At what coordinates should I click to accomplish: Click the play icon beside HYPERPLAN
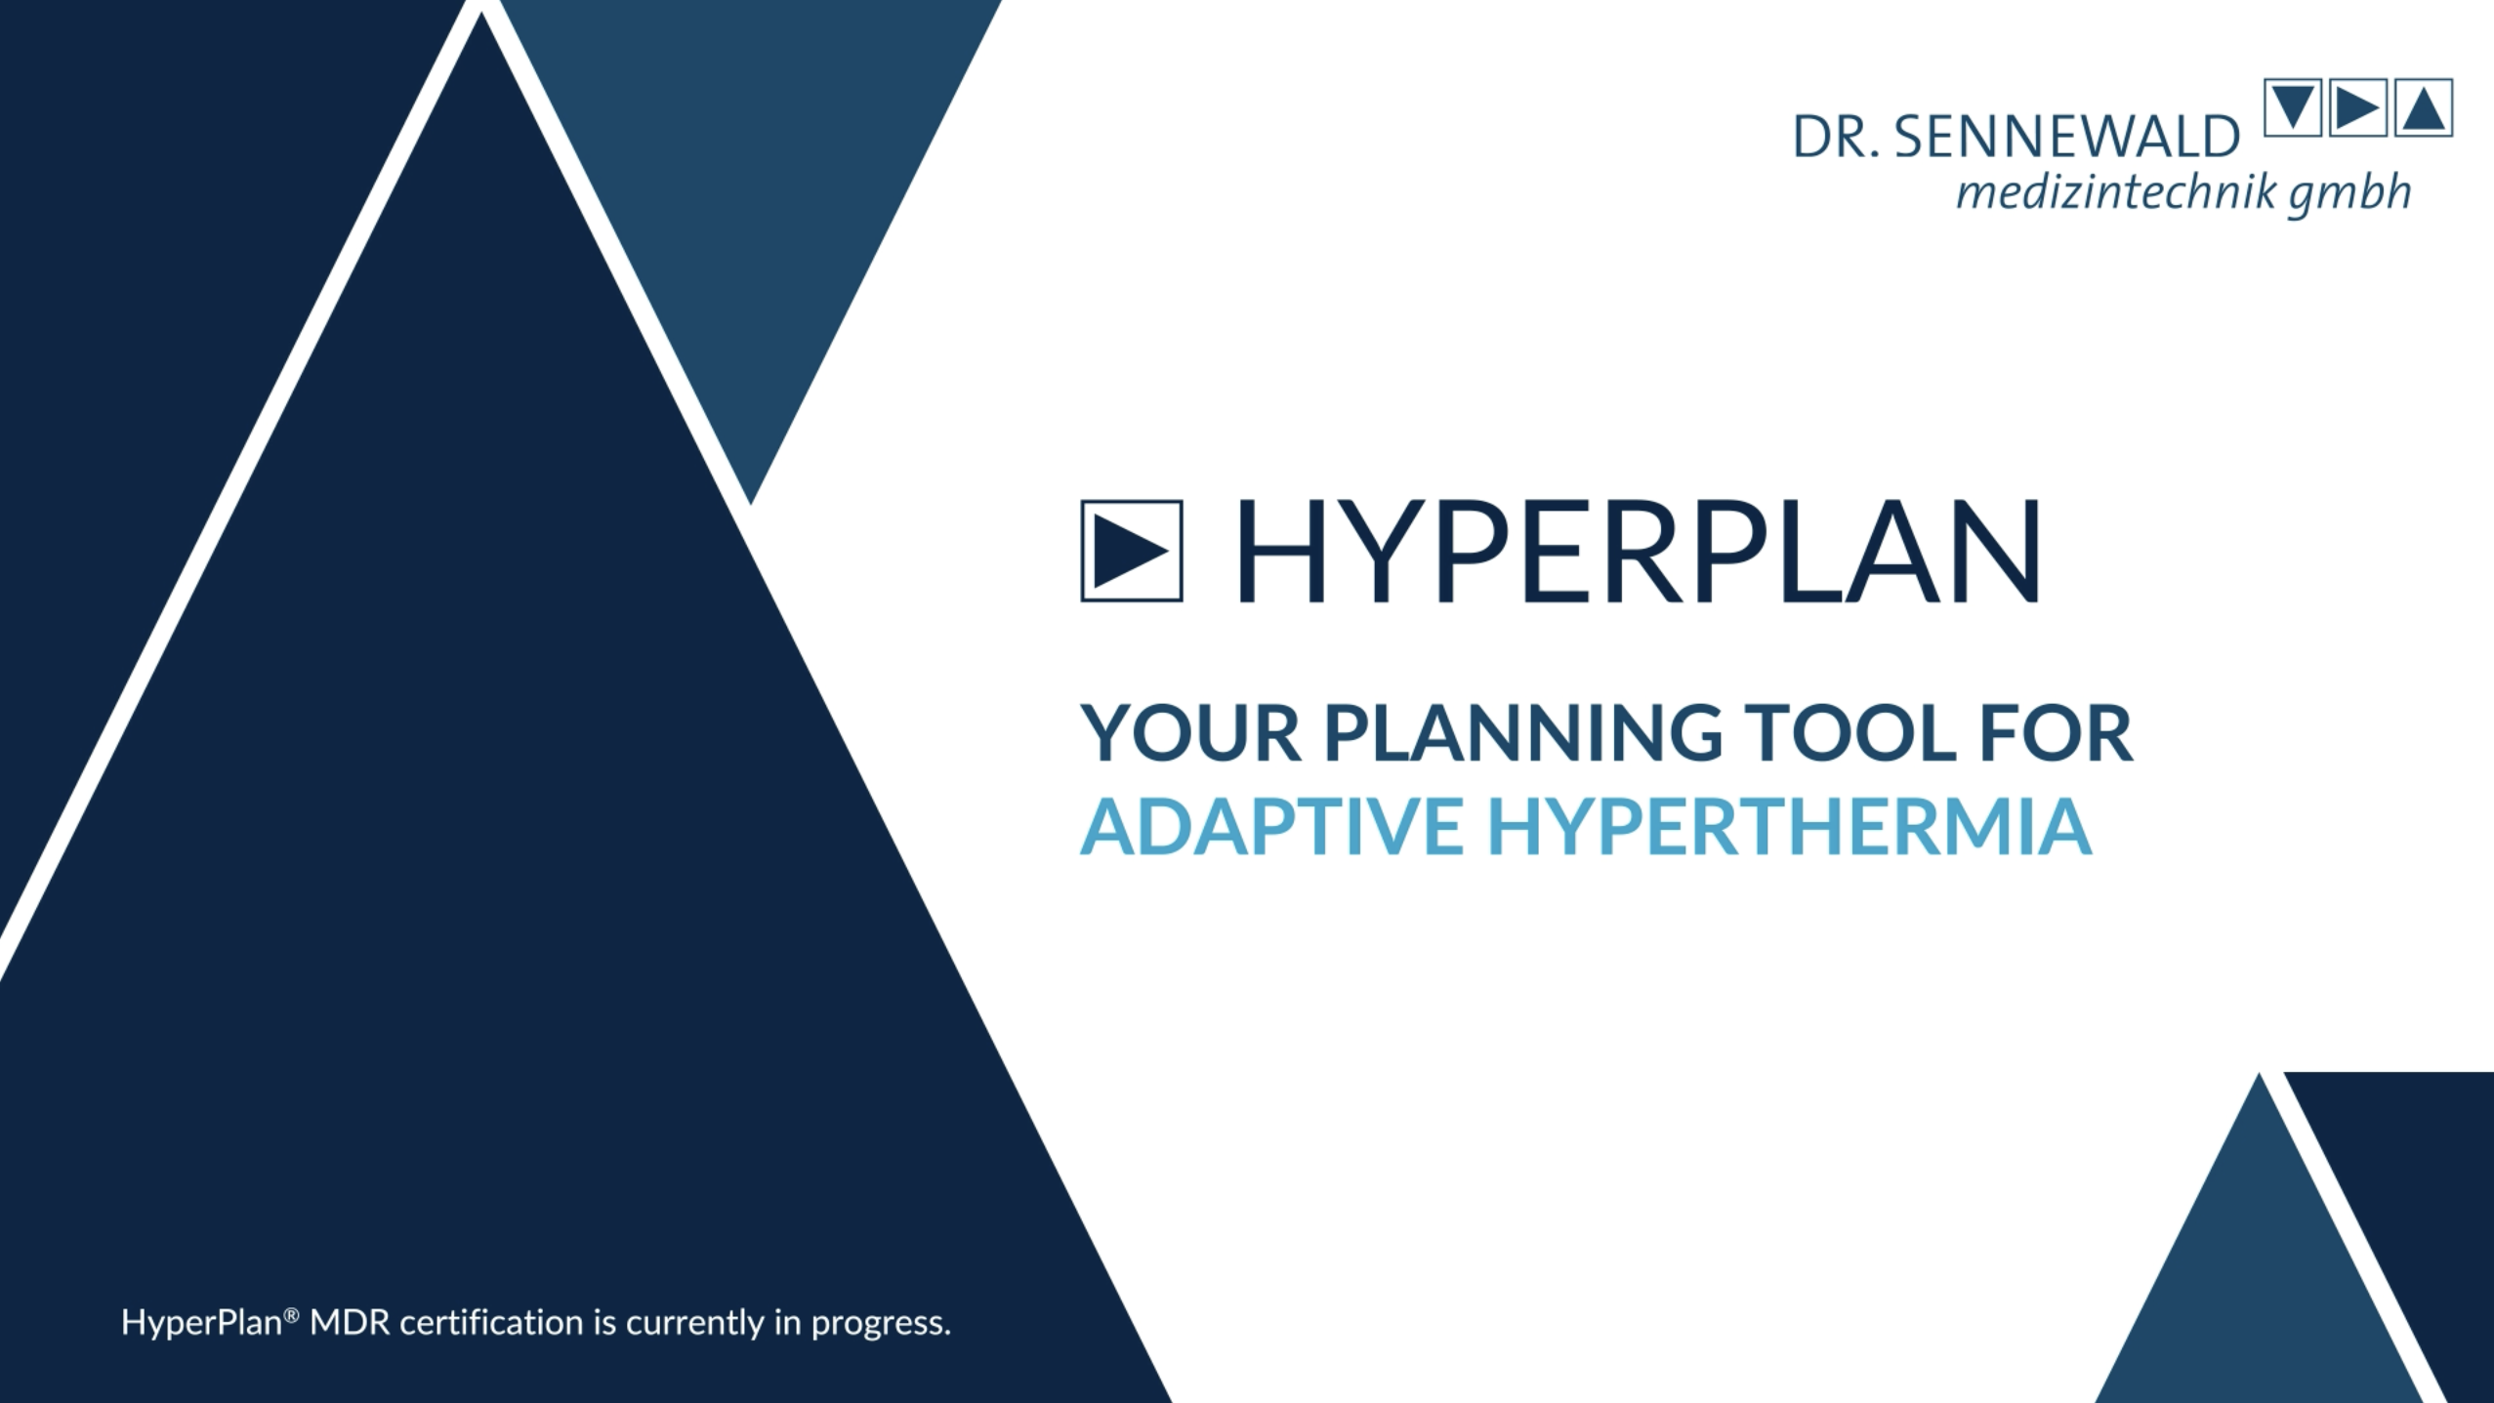pyautogui.click(x=1131, y=551)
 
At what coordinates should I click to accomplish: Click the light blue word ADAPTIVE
pyautogui.click(x=1270, y=826)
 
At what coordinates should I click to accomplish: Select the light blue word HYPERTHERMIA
pyautogui.click(x=1789, y=826)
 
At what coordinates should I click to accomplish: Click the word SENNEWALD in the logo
pyautogui.click(x=2066, y=138)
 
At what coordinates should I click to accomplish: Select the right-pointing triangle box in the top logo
pyautogui.click(x=2358, y=107)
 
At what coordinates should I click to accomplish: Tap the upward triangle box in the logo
pyautogui.click(x=2424, y=107)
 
